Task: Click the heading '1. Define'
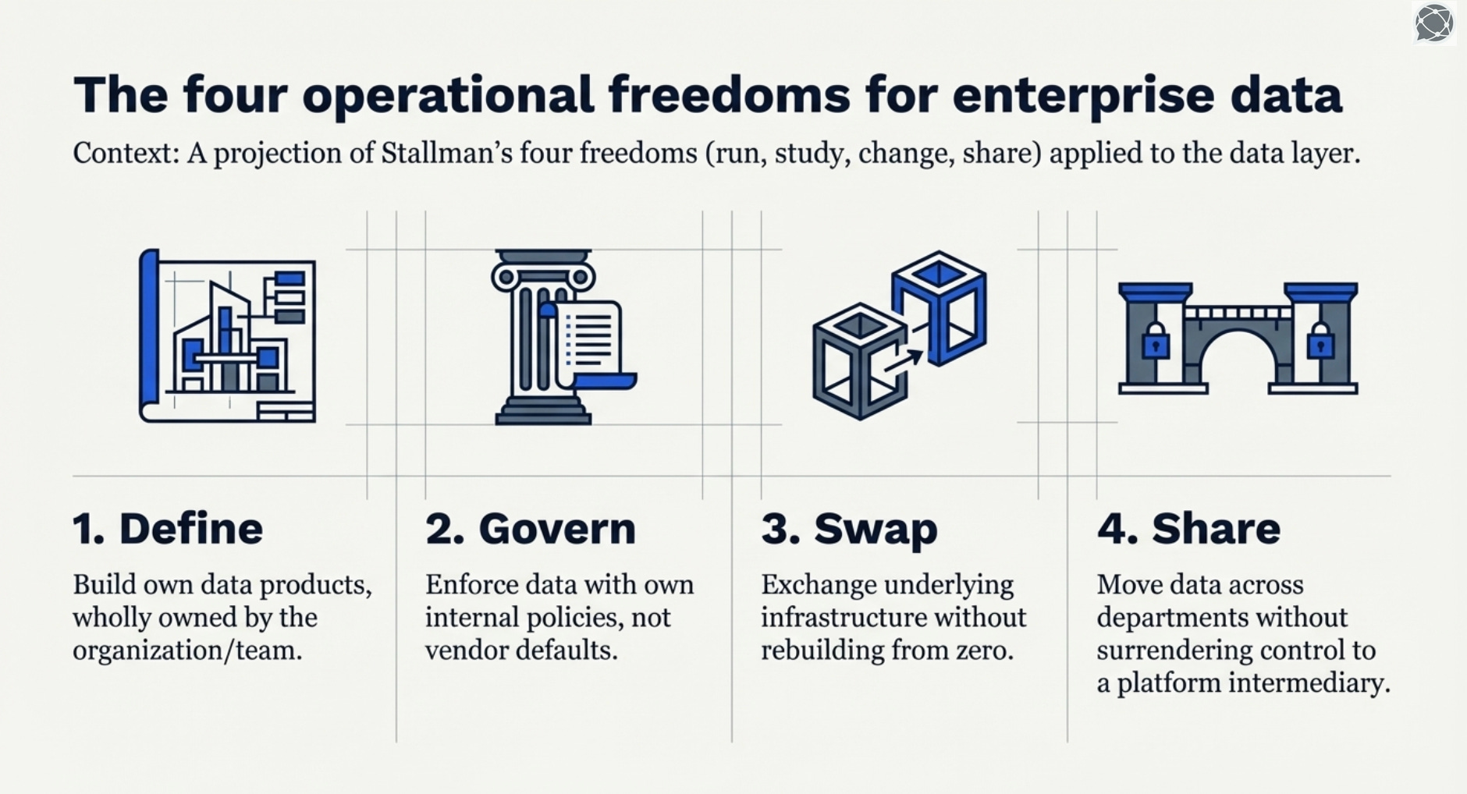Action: click(x=168, y=528)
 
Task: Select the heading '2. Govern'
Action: click(x=531, y=528)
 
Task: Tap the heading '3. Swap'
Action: click(x=849, y=530)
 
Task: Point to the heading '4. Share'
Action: click(x=1188, y=528)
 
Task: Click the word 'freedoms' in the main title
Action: click(x=729, y=94)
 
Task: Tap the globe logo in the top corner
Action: click(x=1433, y=23)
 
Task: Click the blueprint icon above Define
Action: click(x=227, y=336)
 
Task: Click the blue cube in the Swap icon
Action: click(x=940, y=307)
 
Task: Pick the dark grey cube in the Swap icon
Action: click(x=860, y=361)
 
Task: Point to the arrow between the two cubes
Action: click(x=904, y=363)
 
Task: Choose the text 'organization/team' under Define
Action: click(x=187, y=650)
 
